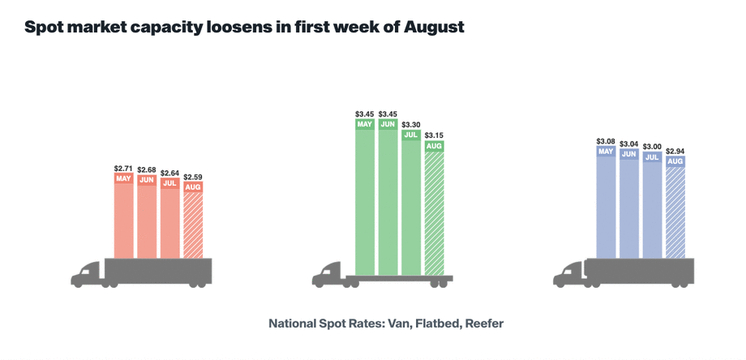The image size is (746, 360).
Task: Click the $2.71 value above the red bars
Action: (123, 168)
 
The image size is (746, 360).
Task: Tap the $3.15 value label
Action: (435, 135)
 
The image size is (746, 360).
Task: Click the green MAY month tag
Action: (364, 124)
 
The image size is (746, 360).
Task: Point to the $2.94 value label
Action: (675, 151)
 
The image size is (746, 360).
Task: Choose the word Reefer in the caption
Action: (482, 324)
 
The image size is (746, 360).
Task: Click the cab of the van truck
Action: (87, 274)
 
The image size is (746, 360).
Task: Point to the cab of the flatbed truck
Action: (328, 274)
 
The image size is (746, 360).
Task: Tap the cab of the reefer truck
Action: (569, 274)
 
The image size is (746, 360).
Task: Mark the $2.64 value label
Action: (169, 172)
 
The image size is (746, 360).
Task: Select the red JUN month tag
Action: (147, 179)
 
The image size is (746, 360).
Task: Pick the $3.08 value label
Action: (606, 140)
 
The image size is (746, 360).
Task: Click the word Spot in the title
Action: (45, 27)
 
